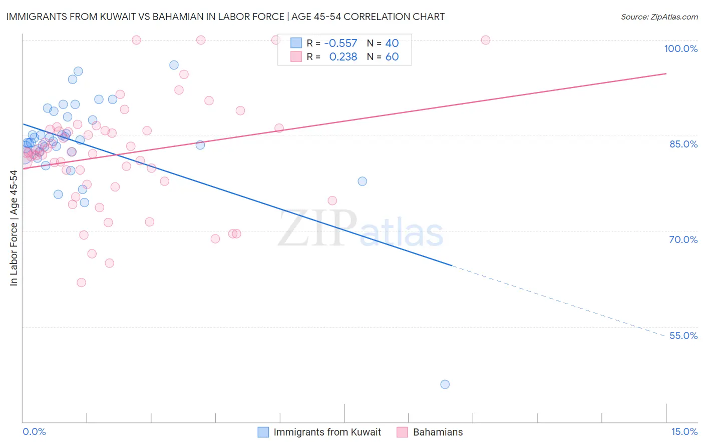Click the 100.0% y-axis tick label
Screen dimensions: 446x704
(x=680, y=48)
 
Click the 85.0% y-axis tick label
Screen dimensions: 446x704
(x=683, y=144)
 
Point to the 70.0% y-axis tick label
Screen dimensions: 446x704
(x=683, y=239)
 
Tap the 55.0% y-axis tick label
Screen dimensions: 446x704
(x=683, y=335)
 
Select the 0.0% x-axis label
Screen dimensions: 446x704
(x=34, y=431)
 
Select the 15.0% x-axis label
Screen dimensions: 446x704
(x=684, y=431)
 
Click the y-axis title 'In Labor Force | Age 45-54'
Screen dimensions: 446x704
(x=14, y=228)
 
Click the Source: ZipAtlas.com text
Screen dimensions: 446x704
(x=659, y=16)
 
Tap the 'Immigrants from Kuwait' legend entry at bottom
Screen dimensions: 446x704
(x=327, y=432)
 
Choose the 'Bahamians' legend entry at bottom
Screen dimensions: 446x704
(x=438, y=432)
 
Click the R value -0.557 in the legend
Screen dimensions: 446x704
(x=340, y=43)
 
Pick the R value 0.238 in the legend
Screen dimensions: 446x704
(x=343, y=57)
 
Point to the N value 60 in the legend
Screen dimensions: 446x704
(x=392, y=57)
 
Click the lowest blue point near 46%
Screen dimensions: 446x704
(x=445, y=384)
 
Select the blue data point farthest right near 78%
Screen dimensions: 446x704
(x=362, y=181)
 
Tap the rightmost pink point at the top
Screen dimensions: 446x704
(x=485, y=40)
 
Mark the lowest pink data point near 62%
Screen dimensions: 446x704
(x=81, y=282)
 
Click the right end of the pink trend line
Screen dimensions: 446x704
(x=666, y=73)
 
